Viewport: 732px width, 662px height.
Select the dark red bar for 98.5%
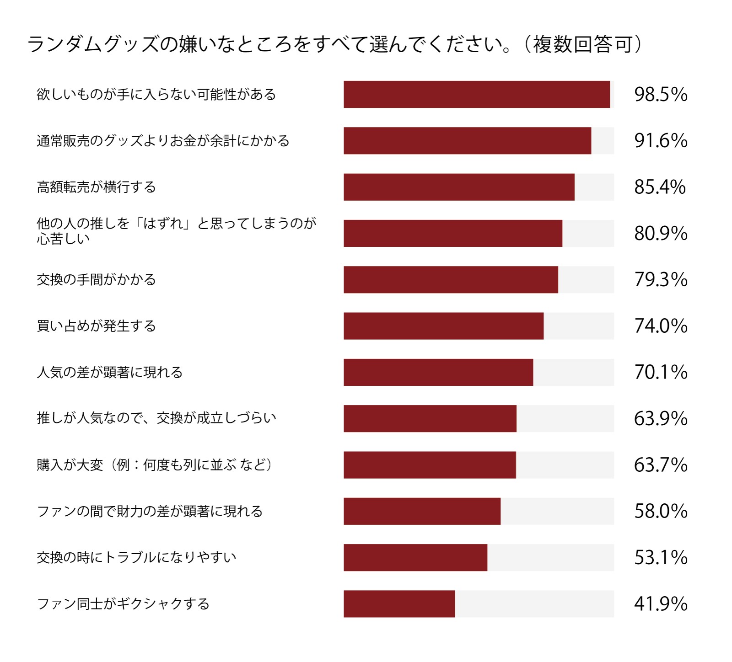pyautogui.click(x=477, y=95)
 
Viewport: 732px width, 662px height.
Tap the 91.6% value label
pyautogui.click(x=661, y=141)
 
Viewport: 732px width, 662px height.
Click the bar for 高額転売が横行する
pyautogui.click(x=459, y=187)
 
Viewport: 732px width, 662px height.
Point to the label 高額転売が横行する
pyautogui.click(x=97, y=187)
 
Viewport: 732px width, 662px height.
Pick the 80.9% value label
pyautogui.click(x=661, y=234)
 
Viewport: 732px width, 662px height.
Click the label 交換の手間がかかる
pyautogui.click(x=97, y=280)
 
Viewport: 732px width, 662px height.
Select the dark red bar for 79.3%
pyautogui.click(x=451, y=280)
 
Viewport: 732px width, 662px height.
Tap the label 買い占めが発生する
pyautogui.click(x=97, y=326)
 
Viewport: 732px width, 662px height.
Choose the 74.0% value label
pyautogui.click(x=661, y=326)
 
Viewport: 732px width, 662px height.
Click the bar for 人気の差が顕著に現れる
pyautogui.click(x=438, y=373)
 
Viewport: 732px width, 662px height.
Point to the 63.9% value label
pyautogui.click(x=661, y=419)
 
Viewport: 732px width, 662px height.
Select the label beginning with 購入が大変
pyautogui.click(x=155, y=465)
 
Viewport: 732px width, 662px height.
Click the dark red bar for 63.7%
pyautogui.click(x=430, y=465)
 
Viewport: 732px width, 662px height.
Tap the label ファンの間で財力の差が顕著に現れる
pyautogui.click(x=150, y=511)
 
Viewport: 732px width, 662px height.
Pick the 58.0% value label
pyautogui.click(x=661, y=511)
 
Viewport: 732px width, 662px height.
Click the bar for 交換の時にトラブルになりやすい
pyautogui.click(x=415, y=558)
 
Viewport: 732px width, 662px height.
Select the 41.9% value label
pyautogui.click(x=661, y=604)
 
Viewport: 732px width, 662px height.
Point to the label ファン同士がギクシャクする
pyautogui.click(x=123, y=604)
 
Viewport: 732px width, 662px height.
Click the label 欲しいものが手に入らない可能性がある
pyautogui.click(x=156, y=95)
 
